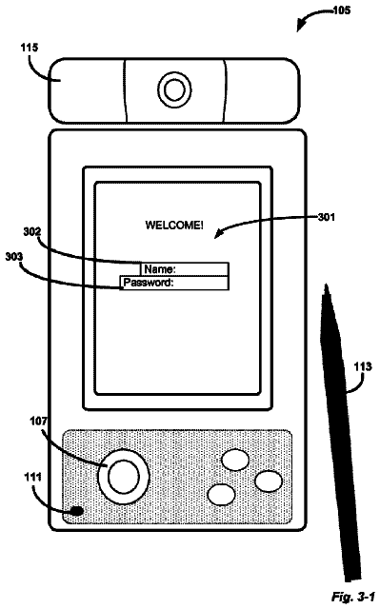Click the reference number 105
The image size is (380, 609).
(342, 10)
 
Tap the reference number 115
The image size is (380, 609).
(30, 48)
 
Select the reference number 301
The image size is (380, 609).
(327, 217)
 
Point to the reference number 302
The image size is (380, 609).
(31, 232)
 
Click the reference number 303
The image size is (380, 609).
(14, 257)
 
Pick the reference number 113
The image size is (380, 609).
(363, 366)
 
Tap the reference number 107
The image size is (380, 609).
(38, 421)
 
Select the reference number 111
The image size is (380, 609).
(33, 477)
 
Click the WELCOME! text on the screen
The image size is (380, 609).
(174, 226)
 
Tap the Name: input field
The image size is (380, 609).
(185, 269)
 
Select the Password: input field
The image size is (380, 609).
(174, 283)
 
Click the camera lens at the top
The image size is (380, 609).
(174, 90)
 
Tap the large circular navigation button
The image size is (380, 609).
(124, 477)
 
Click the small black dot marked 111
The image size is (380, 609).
(77, 510)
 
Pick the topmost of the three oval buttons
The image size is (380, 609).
(235, 460)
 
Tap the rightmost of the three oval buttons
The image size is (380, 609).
(269, 481)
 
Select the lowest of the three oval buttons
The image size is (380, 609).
(222, 495)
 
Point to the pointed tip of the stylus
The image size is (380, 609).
(326, 285)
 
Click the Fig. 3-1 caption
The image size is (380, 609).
(352, 597)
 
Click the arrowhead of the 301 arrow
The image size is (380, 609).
(217, 234)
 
